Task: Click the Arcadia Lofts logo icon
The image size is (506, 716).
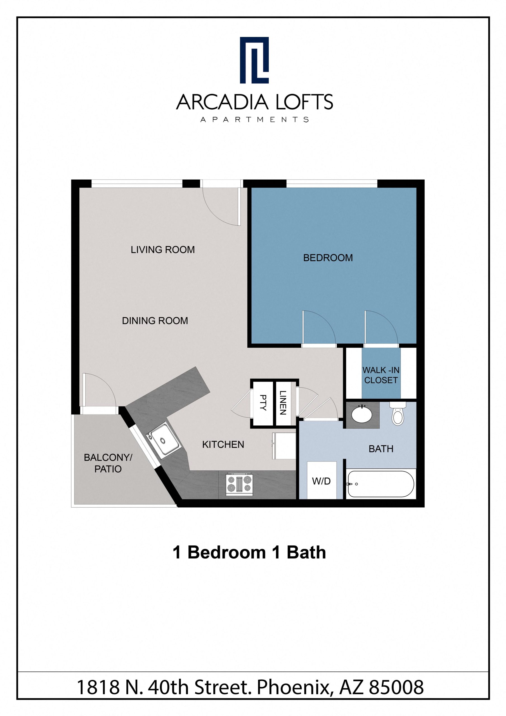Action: pyautogui.click(x=254, y=60)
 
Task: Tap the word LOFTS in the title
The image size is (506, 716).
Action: pyautogui.click(x=304, y=102)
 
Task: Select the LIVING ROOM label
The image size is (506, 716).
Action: pyautogui.click(x=162, y=249)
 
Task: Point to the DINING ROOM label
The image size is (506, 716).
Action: pyautogui.click(x=155, y=321)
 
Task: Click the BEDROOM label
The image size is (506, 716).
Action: pyautogui.click(x=328, y=258)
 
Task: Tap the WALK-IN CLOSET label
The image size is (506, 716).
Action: pyautogui.click(x=381, y=375)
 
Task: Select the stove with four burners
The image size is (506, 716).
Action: pyautogui.click(x=239, y=485)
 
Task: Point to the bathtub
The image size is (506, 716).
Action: pyautogui.click(x=380, y=484)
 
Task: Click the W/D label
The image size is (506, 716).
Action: pyautogui.click(x=321, y=481)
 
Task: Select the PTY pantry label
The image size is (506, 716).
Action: pyautogui.click(x=263, y=402)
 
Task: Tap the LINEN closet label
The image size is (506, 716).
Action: pyautogui.click(x=282, y=402)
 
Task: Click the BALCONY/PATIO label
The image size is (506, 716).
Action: pyautogui.click(x=108, y=463)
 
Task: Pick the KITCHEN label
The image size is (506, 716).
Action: pyautogui.click(x=223, y=444)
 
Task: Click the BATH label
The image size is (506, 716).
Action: pyautogui.click(x=381, y=449)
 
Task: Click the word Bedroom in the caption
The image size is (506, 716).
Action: pyautogui.click(x=226, y=553)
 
